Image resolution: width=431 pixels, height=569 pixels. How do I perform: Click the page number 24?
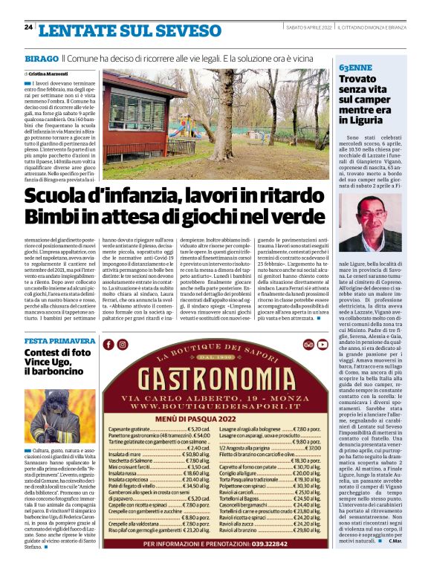28,27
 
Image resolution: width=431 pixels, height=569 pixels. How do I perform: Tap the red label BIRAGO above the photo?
40,57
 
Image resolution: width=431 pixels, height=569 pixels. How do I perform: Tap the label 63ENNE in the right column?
355,67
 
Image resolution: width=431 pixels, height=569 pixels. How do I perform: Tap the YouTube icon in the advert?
323,345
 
